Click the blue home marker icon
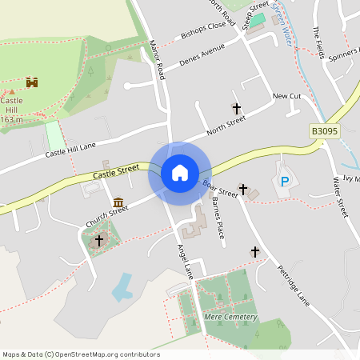click(x=180, y=173)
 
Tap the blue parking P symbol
click(x=284, y=182)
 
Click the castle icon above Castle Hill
click(x=33, y=82)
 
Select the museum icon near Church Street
click(x=118, y=202)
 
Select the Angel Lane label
click(x=183, y=260)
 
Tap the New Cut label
click(x=286, y=96)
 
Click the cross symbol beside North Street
click(x=236, y=107)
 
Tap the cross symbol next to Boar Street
click(x=243, y=189)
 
